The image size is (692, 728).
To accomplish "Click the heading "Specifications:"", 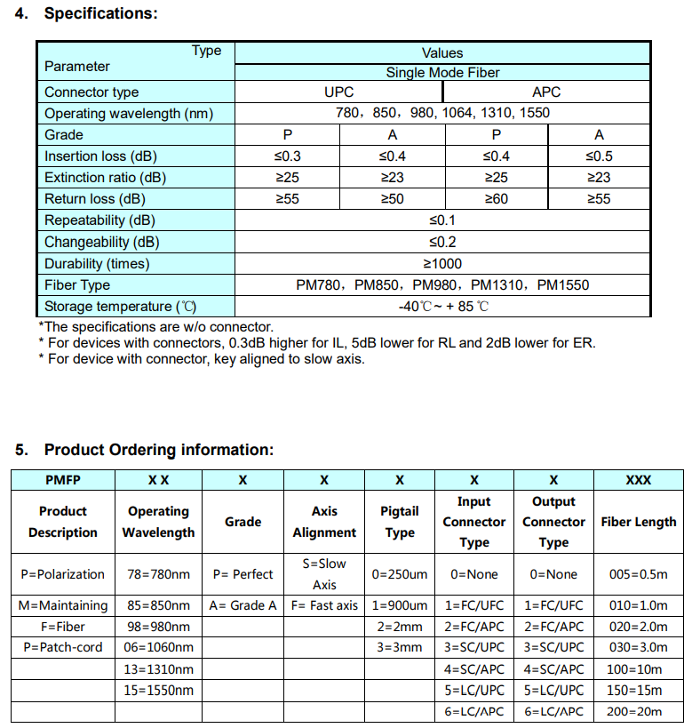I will click(x=100, y=14).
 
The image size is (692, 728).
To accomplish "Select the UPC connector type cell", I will click(x=338, y=92).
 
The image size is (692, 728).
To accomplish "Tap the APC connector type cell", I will click(x=546, y=92).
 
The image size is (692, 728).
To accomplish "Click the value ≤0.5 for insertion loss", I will click(x=599, y=156).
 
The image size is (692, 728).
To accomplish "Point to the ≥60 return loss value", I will click(x=495, y=199).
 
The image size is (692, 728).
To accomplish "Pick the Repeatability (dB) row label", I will click(x=99, y=220).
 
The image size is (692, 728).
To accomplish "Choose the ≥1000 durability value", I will click(x=441, y=263).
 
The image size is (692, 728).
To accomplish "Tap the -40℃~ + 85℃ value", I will click(x=443, y=307).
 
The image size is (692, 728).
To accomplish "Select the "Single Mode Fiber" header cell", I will click(x=442, y=73).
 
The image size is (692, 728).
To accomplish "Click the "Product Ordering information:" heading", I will click(x=159, y=450).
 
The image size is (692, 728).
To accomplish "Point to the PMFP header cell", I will click(x=62, y=479).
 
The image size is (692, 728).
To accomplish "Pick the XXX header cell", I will click(x=638, y=479).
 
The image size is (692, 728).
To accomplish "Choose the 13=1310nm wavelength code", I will click(x=158, y=668).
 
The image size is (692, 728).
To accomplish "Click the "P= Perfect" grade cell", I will click(x=243, y=574).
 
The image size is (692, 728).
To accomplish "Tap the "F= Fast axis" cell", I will click(x=324, y=605).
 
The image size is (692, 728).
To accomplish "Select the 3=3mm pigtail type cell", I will click(x=399, y=647).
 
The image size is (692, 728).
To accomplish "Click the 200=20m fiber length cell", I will click(x=638, y=710).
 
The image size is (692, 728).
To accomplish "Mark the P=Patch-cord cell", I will click(x=63, y=647).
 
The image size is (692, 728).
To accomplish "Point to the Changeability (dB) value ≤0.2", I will click(x=442, y=242).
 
